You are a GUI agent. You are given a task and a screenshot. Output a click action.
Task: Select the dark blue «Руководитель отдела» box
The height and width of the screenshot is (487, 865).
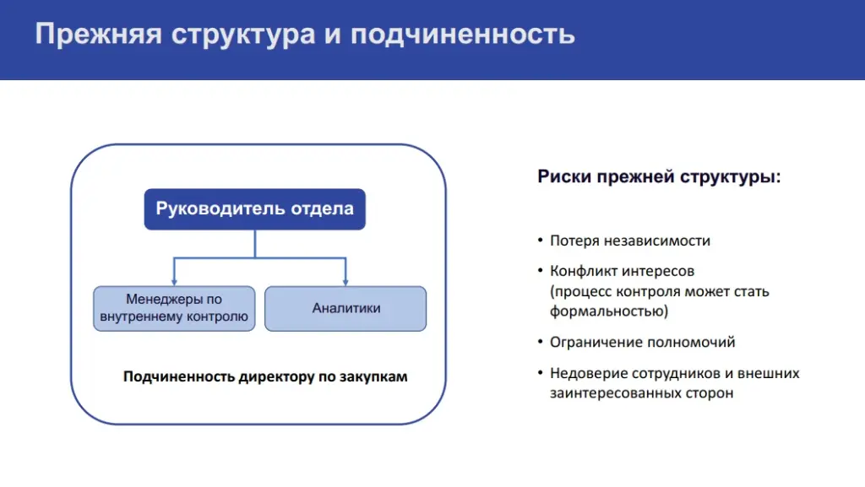254,209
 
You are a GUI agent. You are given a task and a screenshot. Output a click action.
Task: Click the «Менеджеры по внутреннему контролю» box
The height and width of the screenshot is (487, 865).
174,308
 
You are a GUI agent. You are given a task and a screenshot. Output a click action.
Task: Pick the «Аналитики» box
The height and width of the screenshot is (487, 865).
345,308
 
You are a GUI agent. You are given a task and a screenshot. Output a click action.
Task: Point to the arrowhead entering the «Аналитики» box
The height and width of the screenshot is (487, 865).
345,281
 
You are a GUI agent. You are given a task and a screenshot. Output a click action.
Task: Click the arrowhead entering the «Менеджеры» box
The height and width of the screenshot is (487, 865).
174,281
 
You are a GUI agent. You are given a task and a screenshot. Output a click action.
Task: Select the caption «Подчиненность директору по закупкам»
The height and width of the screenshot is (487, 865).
265,376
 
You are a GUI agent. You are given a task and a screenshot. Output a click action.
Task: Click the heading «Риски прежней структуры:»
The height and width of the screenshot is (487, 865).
659,177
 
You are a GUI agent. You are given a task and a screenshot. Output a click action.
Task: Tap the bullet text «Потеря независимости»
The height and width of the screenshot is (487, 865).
629,241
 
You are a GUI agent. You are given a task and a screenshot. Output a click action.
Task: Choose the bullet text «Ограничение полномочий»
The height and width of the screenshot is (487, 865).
642,343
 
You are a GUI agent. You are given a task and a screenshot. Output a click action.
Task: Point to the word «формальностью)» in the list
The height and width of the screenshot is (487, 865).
608,311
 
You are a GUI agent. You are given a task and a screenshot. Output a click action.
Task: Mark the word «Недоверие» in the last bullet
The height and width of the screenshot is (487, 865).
585,373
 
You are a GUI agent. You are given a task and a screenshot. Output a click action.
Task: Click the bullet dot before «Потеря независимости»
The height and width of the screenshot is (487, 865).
540,241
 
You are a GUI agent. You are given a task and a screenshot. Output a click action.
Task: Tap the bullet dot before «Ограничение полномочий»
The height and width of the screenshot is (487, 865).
540,343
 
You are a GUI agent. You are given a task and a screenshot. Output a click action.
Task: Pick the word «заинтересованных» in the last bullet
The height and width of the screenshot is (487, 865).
610,393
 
